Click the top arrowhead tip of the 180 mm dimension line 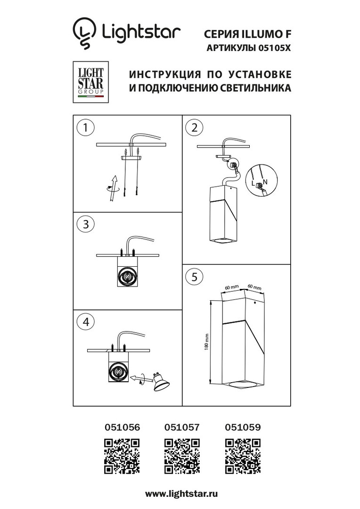(211, 301)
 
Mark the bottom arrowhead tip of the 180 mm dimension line (211, 383)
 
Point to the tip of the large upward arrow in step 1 (115, 175)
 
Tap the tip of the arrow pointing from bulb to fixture (131, 377)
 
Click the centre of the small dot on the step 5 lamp (255, 303)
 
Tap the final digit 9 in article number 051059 (258, 427)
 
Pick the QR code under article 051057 (182, 456)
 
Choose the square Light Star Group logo (90, 82)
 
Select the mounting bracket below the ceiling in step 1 (131, 158)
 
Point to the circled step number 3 (85, 224)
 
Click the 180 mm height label (206, 342)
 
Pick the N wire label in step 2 (265, 182)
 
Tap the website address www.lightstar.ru (181, 494)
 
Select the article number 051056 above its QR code (122, 427)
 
